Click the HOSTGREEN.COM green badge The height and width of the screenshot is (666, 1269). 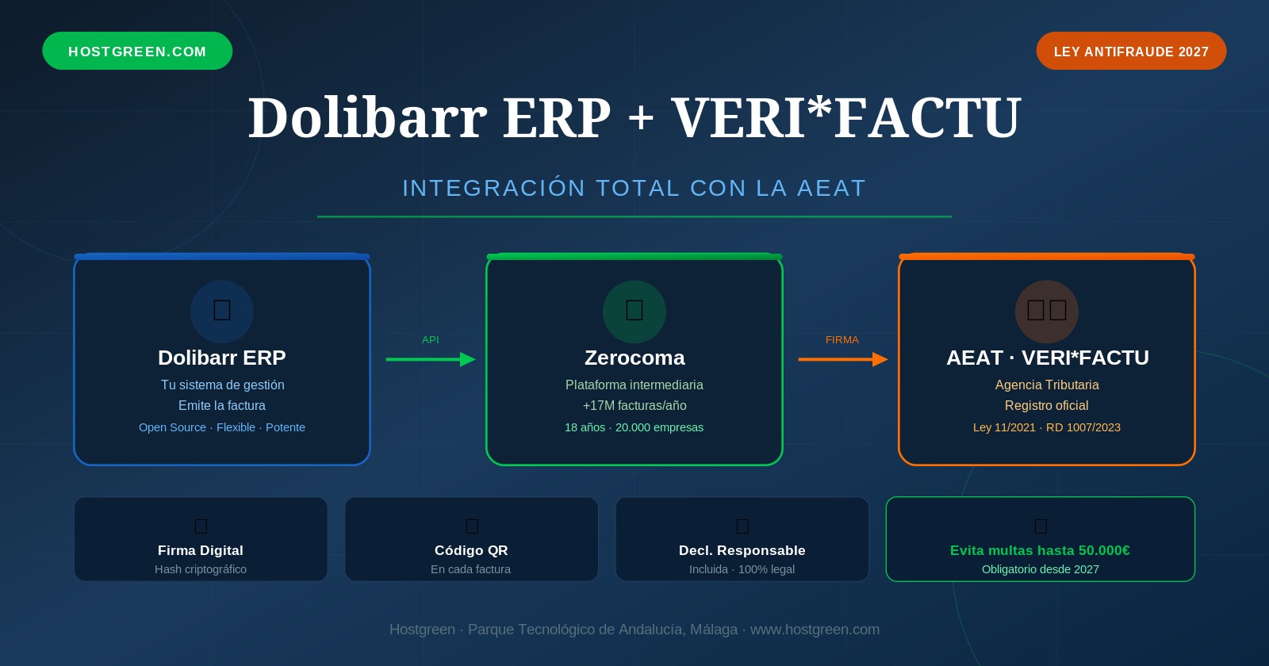(x=137, y=52)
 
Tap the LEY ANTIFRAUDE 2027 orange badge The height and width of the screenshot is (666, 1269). (x=1131, y=52)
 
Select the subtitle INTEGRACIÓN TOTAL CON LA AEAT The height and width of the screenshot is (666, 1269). (x=634, y=188)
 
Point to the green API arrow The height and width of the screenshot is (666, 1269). (x=431, y=359)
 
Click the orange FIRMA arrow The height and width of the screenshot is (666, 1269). (x=842, y=359)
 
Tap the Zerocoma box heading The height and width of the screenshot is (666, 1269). (x=634, y=358)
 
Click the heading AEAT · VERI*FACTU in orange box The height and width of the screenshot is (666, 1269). (x=1047, y=358)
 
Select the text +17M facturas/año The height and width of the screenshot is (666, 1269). (x=634, y=405)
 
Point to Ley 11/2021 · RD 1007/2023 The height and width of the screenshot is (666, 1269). (x=1047, y=427)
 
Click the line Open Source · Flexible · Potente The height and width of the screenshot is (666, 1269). (x=222, y=427)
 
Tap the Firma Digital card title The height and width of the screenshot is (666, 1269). (x=201, y=550)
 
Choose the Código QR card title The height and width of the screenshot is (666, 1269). (x=471, y=550)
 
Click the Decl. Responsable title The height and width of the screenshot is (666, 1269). (x=742, y=550)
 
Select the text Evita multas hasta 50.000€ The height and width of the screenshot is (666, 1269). (x=1040, y=550)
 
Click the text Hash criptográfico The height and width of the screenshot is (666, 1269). (x=201, y=569)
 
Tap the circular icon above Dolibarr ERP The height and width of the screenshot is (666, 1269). (x=222, y=311)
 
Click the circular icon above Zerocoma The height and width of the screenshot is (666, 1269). (x=634, y=311)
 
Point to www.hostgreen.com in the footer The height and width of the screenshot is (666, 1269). (x=815, y=630)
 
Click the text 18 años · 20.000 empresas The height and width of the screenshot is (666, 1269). (x=634, y=427)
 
